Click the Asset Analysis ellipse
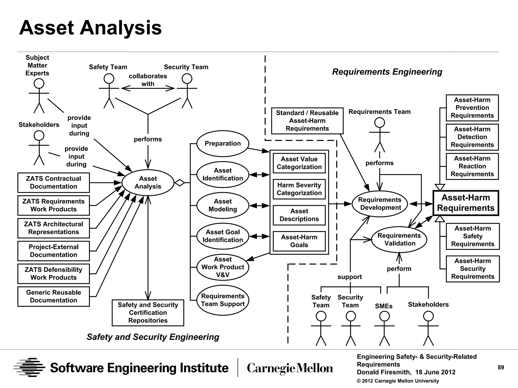tap(148, 183)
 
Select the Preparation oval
tap(223, 143)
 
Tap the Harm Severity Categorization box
tap(299, 189)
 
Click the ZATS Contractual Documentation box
tap(54, 183)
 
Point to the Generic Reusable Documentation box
tap(54, 296)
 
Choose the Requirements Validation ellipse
tap(399, 239)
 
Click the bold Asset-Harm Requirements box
tap(466, 203)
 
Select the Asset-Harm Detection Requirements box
tap(472, 137)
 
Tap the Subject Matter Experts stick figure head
tap(39, 84)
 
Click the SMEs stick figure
tap(384, 328)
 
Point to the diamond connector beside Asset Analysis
tap(180, 183)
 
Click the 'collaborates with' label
tap(148, 80)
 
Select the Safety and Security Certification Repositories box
tap(148, 313)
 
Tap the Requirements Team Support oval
tap(223, 300)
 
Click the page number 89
tap(501, 368)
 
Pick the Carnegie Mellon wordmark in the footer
tap(290, 368)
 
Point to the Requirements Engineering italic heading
tap(387, 72)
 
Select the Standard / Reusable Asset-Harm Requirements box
tap(307, 121)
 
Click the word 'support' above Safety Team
tap(350, 277)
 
